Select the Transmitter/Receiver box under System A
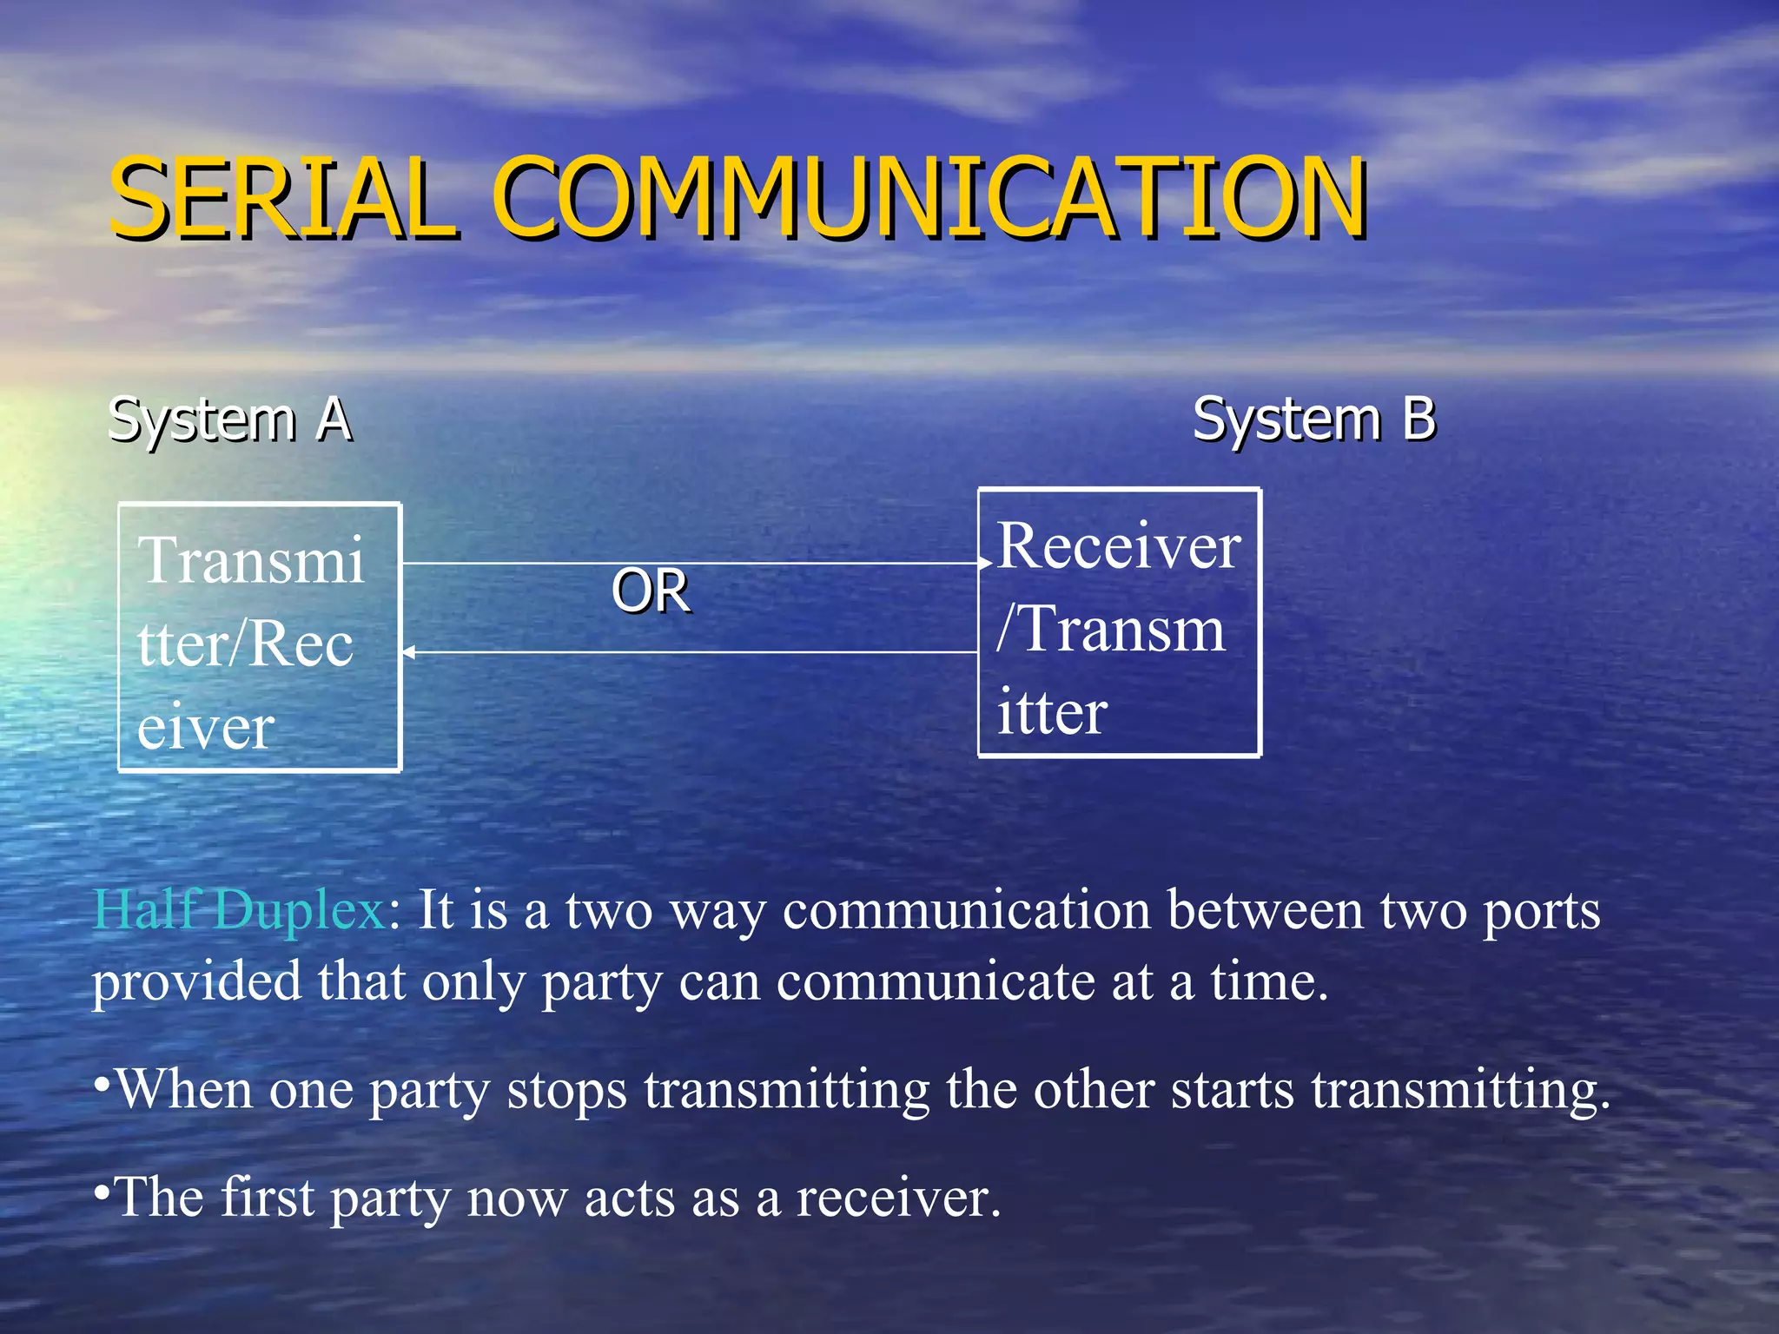pyautogui.click(x=259, y=637)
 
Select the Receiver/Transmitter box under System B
pyautogui.click(x=1119, y=623)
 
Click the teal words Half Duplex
pyautogui.click(x=239, y=910)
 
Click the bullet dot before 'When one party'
pyautogui.click(x=102, y=1085)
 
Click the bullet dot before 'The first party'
pyautogui.click(x=102, y=1193)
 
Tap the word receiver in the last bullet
pyautogui.click(x=898, y=1198)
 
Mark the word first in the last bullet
pyautogui.click(x=267, y=1197)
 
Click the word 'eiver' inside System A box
pyautogui.click(x=206, y=728)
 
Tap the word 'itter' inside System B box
pyautogui.click(x=1051, y=712)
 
